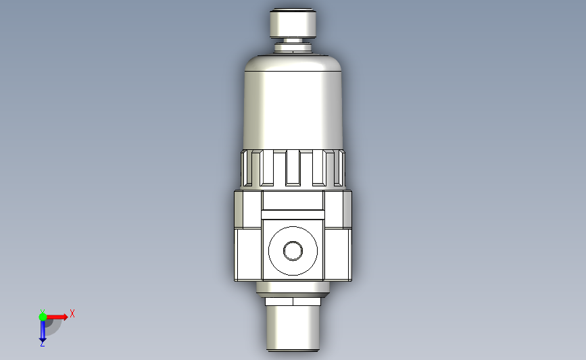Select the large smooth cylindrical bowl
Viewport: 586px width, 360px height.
point(293,108)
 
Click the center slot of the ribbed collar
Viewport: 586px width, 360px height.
point(293,167)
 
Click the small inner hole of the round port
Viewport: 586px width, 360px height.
point(293,251)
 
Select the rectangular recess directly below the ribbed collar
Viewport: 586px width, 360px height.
point(293,201)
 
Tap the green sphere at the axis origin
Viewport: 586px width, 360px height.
point(43,316)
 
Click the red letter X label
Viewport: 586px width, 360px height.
point(72,313)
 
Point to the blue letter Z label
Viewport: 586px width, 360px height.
point(42,344)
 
